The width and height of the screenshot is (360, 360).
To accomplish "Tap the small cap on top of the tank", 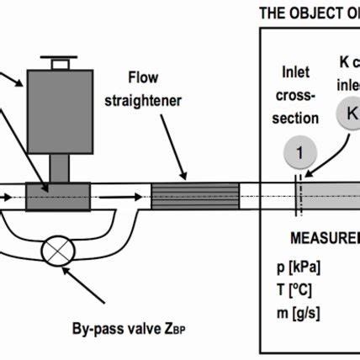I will point(59,61).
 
